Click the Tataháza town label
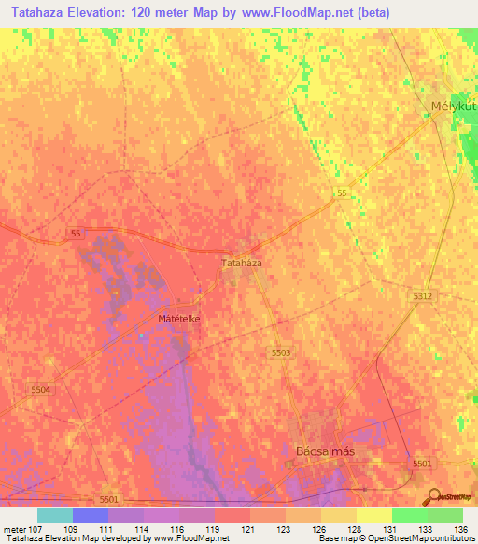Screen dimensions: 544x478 point(241,264)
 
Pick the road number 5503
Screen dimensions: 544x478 point(281,351)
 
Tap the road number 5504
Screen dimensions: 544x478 point(40,389)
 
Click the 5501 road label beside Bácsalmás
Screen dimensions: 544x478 point(422,464)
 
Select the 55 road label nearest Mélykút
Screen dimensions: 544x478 point(343,193)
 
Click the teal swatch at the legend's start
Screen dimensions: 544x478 point(54,515)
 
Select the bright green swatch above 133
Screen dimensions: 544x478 point(410,515)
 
